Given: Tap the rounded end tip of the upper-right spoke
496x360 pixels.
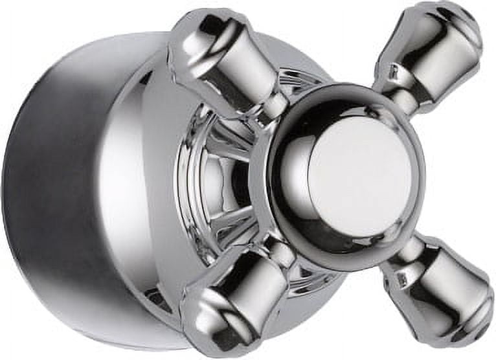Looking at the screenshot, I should point(463,26).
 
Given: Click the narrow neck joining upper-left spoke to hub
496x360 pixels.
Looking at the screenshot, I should point(272,107).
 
